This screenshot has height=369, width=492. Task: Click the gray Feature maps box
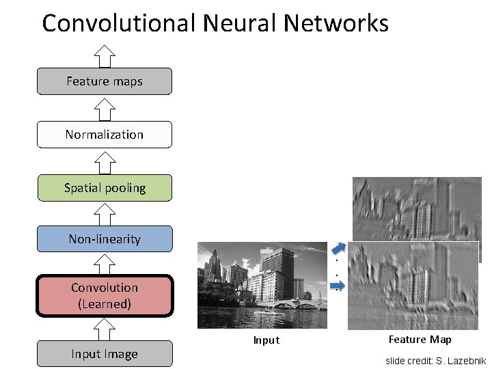point(105,81)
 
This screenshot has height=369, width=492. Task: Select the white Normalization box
point(105,135)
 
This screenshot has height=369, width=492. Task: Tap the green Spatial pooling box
point(105,187)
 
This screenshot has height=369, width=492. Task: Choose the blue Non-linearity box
point(105,239)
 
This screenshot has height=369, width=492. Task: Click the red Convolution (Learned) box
point(105,296)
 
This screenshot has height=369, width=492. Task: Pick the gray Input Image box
point(105,354)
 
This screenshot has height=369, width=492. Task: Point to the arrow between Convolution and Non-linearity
point(105,264)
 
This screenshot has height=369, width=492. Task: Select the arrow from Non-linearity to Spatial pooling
point(105,213)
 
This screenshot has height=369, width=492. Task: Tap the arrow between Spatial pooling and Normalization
point(105,161)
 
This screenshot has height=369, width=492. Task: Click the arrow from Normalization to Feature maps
point(105,108)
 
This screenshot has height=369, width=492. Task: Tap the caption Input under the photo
point(266,340)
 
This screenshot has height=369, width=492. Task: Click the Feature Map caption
point(420,340)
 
